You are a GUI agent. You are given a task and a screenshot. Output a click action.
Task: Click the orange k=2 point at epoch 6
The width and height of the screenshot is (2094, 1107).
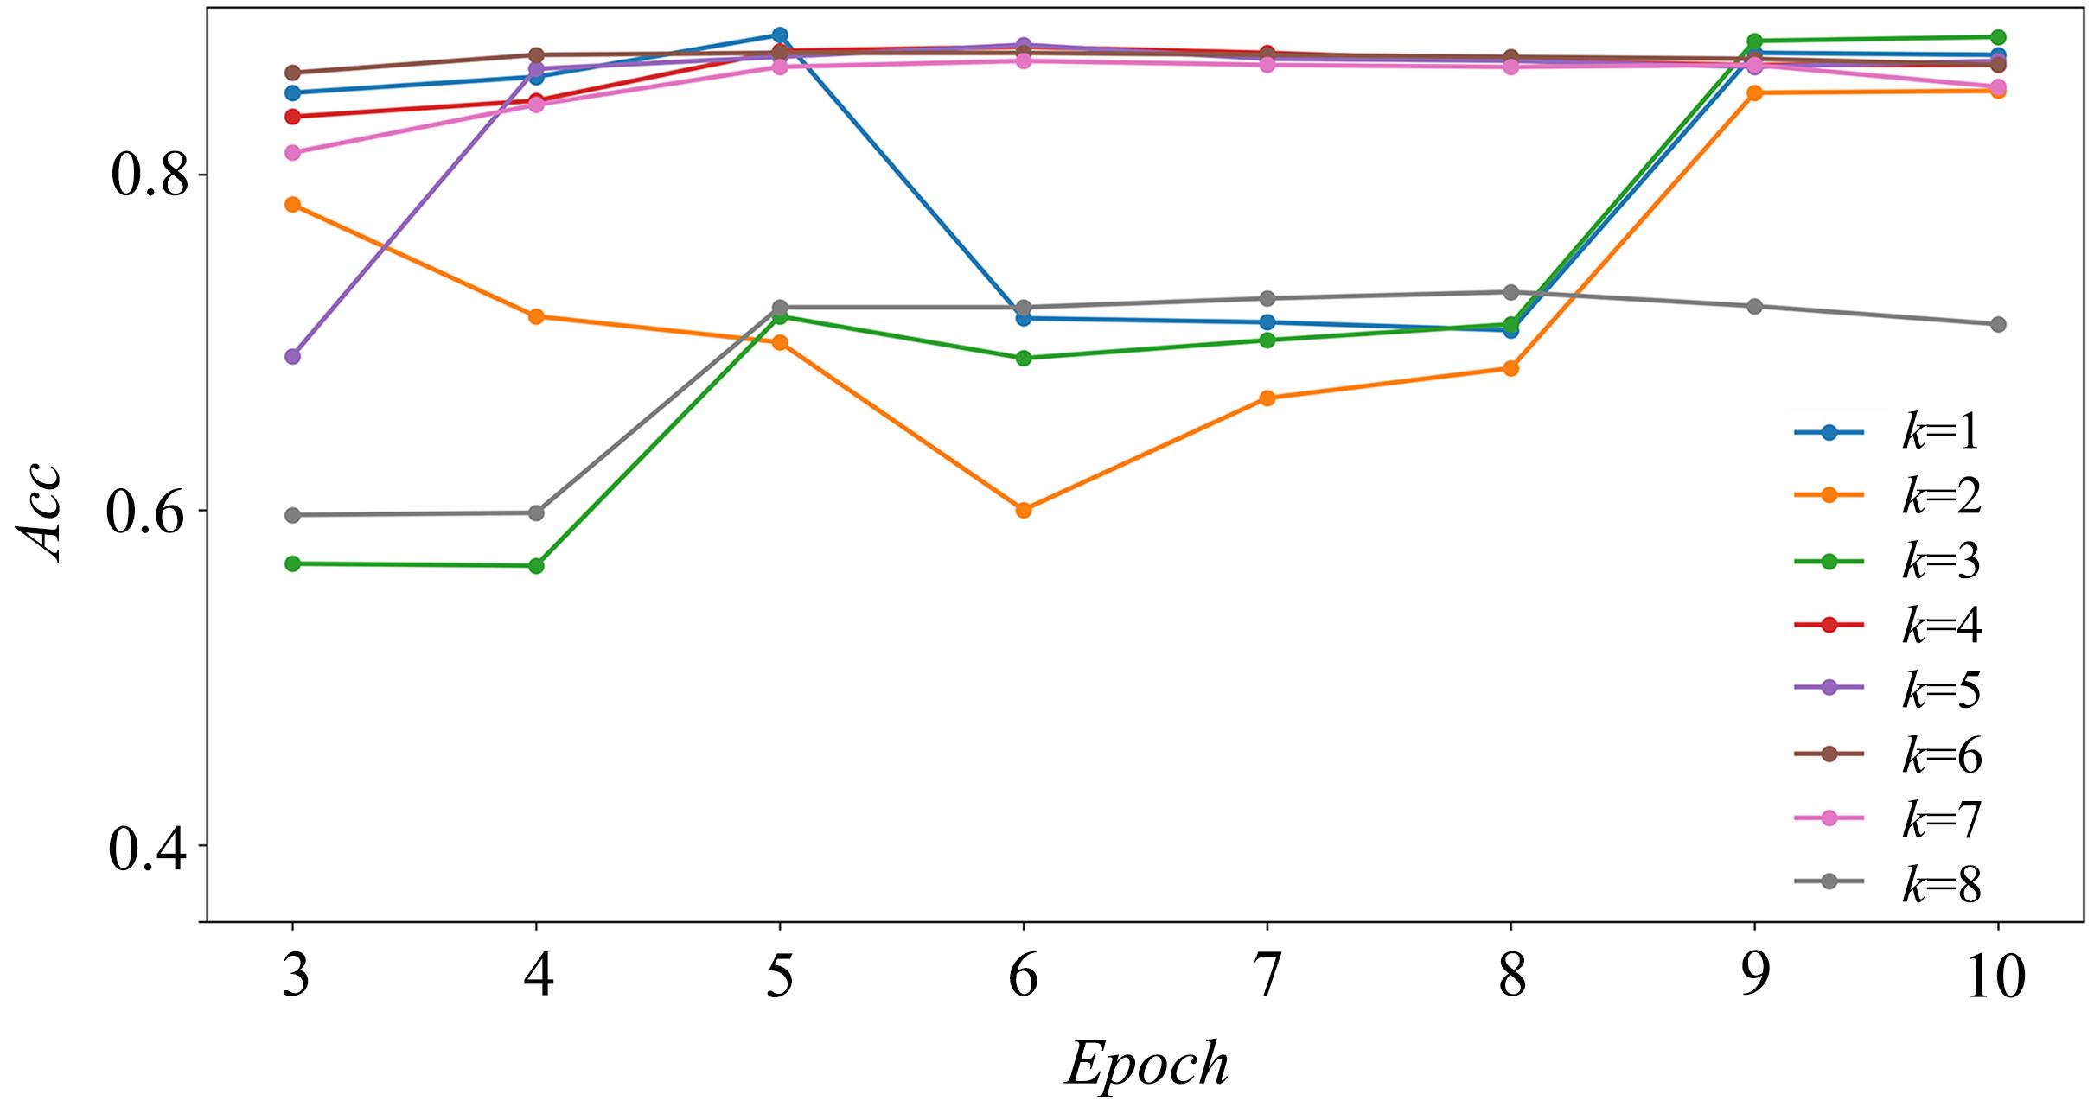(1024, 510)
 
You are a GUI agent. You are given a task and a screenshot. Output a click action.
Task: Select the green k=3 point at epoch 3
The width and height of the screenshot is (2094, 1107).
(292, 563)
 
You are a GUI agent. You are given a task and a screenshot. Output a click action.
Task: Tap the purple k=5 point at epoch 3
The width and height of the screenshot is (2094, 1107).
(292, 356)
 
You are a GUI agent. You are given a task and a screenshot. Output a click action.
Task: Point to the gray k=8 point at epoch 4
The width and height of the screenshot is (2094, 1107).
(536, 512)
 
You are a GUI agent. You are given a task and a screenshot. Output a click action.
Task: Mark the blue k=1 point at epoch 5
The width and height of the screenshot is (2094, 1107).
(780, 35)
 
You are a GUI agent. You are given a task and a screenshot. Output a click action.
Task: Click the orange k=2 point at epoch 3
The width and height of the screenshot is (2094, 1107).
(292, 205)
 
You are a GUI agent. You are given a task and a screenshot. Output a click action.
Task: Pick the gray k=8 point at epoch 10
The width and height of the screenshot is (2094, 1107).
(1998, 324)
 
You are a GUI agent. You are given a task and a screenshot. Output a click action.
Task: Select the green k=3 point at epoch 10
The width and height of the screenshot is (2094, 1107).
(1998, 37)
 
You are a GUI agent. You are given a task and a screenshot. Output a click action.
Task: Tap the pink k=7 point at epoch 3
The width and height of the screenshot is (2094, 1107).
(292, 153)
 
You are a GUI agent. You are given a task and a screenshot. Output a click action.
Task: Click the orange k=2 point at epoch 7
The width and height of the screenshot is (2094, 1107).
(1267, 398)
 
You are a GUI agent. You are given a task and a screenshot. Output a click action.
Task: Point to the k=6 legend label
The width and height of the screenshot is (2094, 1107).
(1942, 755)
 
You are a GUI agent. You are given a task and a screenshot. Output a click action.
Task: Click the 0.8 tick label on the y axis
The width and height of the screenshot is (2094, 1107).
(149, 176)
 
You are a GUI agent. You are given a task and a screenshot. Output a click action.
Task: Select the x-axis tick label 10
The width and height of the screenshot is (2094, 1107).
(1996, 977)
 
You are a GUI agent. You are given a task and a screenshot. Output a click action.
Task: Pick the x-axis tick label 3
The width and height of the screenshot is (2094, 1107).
(294, 977)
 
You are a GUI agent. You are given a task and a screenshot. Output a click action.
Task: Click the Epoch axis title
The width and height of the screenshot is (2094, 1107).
(1146, 1065)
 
